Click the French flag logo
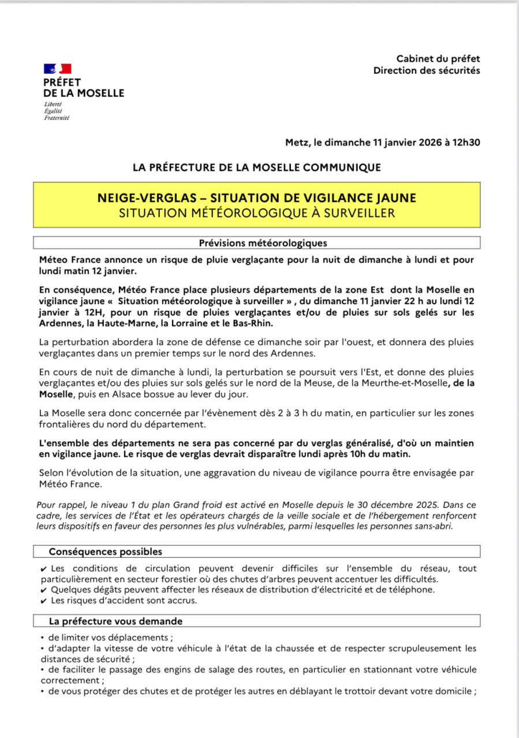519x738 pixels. [57, 69]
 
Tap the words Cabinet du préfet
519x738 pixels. [438, 58]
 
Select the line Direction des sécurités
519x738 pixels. [426, 70]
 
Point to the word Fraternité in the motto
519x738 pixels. [57, 118]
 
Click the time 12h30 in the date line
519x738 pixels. [465, 143]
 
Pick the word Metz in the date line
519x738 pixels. [297, 143]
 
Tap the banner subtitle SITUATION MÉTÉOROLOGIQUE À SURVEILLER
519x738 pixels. [256, 213]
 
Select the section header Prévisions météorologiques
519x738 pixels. [263, 243]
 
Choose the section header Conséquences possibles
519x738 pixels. [105, 551]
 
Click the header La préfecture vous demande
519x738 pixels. [115, 621]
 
